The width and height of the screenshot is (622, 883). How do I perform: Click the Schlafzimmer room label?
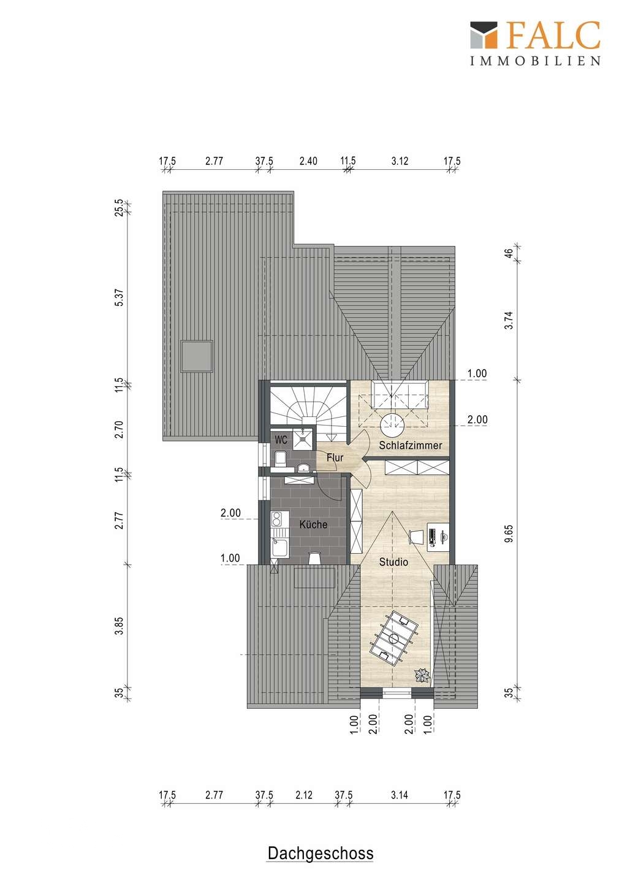coord(410,445)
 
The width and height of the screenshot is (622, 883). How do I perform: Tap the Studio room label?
coord(393,562)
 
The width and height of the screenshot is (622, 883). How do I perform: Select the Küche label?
coord(313,524)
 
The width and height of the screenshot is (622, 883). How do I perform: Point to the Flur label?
coord(335,457)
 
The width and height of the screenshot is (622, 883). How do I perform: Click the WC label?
coord(281,439)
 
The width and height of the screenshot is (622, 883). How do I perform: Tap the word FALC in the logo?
coord(554,35)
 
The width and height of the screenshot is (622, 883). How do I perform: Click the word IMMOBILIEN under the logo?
coord(536,60)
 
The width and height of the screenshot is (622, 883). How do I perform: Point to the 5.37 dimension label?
coord(119,297)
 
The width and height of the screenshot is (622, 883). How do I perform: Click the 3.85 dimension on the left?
coord(119,625)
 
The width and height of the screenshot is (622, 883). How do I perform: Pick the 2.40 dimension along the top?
coord(308,161)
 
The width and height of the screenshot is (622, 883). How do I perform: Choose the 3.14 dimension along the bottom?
coord(400,795)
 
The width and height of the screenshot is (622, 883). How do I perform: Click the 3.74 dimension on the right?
coord(510,320)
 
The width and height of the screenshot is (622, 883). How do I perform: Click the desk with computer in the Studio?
coord(438,537)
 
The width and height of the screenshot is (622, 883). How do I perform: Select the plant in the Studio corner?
coord(422,675)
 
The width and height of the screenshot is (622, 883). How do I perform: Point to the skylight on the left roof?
coord(197,356)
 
